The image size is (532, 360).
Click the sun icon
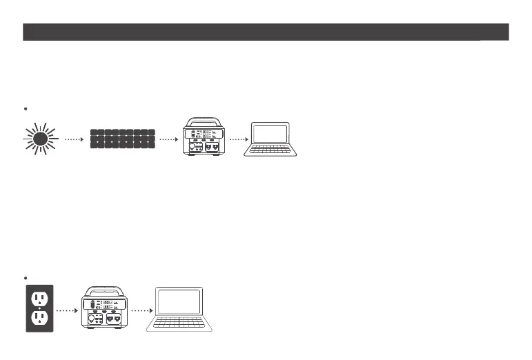40,139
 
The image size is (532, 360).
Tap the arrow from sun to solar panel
74,139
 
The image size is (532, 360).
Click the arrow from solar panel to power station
168,139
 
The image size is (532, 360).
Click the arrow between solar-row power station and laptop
237,139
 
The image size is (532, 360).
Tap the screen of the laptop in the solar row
270,134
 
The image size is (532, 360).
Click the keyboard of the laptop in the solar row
271,151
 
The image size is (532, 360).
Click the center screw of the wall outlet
39,308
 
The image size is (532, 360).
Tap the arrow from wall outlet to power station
64,310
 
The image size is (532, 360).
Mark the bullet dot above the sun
26,108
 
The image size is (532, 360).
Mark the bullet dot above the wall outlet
26,277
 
